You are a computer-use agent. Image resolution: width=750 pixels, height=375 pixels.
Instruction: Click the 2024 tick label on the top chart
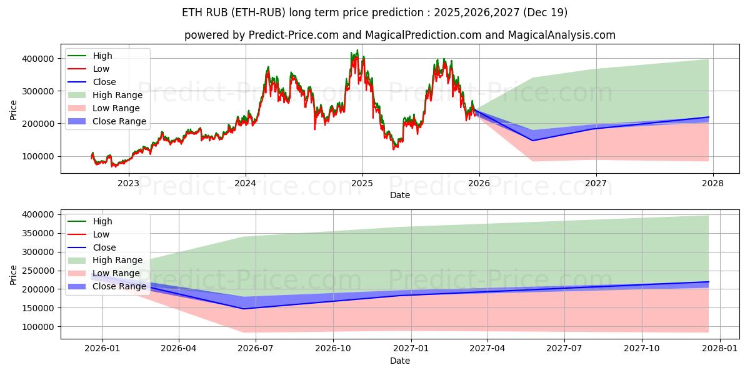pyautogui.click(x=246, y=183)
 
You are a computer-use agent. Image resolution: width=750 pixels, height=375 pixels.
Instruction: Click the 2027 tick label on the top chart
pyautogui.click(x=596, y=183)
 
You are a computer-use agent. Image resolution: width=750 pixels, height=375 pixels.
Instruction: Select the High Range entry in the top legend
pyautogui.click(x=117, y=95)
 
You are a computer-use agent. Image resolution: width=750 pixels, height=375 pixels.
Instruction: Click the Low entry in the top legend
pyautogui.click(x=101, y=69)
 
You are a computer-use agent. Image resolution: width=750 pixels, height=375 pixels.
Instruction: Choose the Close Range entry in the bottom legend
pyautogui.click(x=119, y=286)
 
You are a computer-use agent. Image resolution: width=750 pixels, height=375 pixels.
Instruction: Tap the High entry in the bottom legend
pyautogui.click(x=102, y=221)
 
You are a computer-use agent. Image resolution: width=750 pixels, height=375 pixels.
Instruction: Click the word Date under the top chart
pyautogui.click(x=400, y=195)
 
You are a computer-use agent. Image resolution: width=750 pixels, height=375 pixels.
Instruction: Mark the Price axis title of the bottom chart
pyautogui.click(x=14, y=274)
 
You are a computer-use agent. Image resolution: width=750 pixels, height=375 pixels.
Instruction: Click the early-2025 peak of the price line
pyautogui.click(x=357, y=51)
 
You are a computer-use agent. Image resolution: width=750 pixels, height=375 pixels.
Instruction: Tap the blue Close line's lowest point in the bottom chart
pyautogui.click(x=243, y=309)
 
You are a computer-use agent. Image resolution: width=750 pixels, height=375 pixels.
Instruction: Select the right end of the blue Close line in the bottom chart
pyautogui.click(x=709, y=282)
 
